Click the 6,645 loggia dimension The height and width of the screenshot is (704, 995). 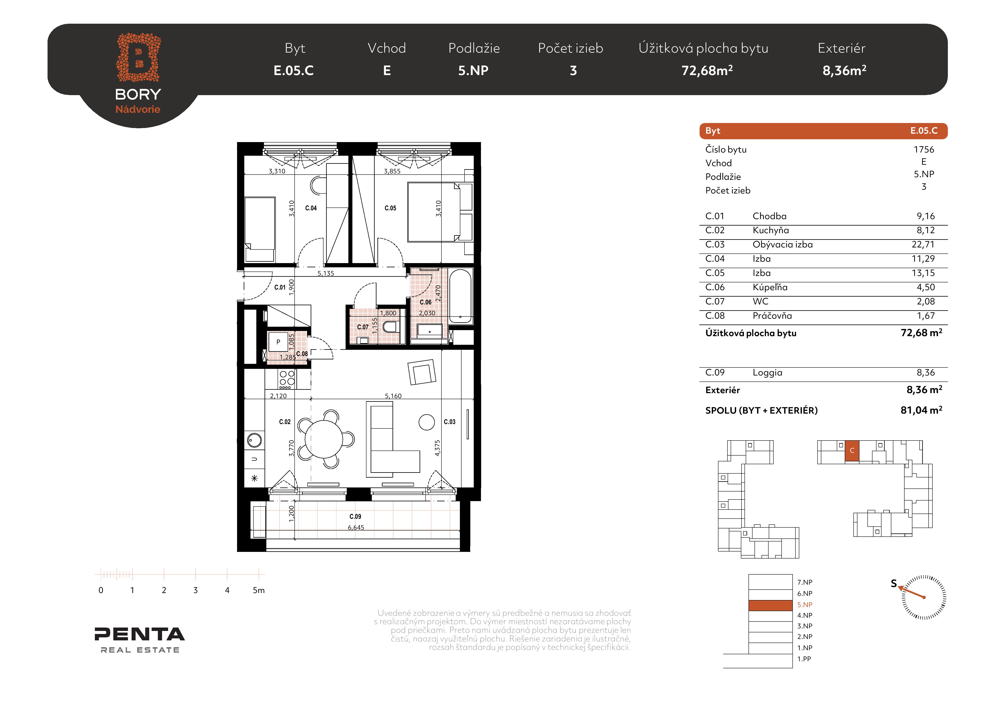[356, 528]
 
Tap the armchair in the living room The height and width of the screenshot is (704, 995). [422, 372]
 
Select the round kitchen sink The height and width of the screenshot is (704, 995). [254, 441]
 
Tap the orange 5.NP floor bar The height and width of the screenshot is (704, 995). [771, 605]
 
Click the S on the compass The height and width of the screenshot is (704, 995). [894, 583]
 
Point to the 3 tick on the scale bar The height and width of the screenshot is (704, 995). [195, 575]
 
